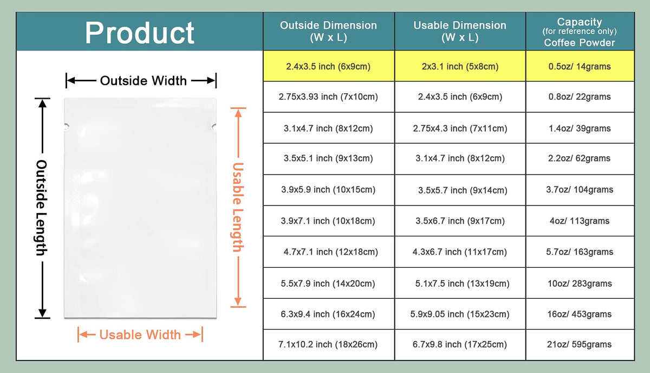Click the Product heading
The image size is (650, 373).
140,33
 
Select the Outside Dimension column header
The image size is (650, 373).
328,31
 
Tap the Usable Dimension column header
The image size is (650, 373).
460,31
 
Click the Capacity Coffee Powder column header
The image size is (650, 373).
580,32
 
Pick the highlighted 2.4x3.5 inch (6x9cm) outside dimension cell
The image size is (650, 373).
328,67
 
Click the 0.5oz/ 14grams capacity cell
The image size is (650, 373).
580,67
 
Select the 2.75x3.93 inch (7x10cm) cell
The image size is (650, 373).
328,97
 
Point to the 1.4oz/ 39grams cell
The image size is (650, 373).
580,128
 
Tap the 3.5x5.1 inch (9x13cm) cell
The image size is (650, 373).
328,158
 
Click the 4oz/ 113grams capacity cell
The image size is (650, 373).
580,221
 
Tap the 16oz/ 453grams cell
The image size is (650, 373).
580,314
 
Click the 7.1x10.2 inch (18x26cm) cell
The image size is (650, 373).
328,344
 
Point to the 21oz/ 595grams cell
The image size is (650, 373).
580,344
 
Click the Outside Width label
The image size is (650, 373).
144,81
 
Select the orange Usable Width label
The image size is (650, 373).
140,335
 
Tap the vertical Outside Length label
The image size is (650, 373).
42,208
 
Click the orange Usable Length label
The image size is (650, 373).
238,207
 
